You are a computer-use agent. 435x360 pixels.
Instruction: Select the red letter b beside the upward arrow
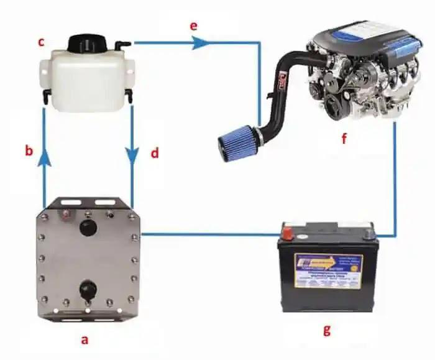click(29, 151)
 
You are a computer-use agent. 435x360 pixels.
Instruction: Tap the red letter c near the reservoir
click(41, 42)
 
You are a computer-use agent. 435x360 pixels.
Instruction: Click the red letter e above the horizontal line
click(193, 27)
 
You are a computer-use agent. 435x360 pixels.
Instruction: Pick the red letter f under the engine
click(343, 138)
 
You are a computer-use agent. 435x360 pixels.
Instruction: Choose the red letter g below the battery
click(326, 330)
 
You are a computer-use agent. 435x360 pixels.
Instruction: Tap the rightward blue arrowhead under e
click(199, 43)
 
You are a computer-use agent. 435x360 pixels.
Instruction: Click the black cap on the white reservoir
click(85, 44)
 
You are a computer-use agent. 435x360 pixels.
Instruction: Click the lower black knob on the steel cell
click(88, 288)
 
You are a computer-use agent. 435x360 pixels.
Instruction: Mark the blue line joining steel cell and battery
click(208, 235)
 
